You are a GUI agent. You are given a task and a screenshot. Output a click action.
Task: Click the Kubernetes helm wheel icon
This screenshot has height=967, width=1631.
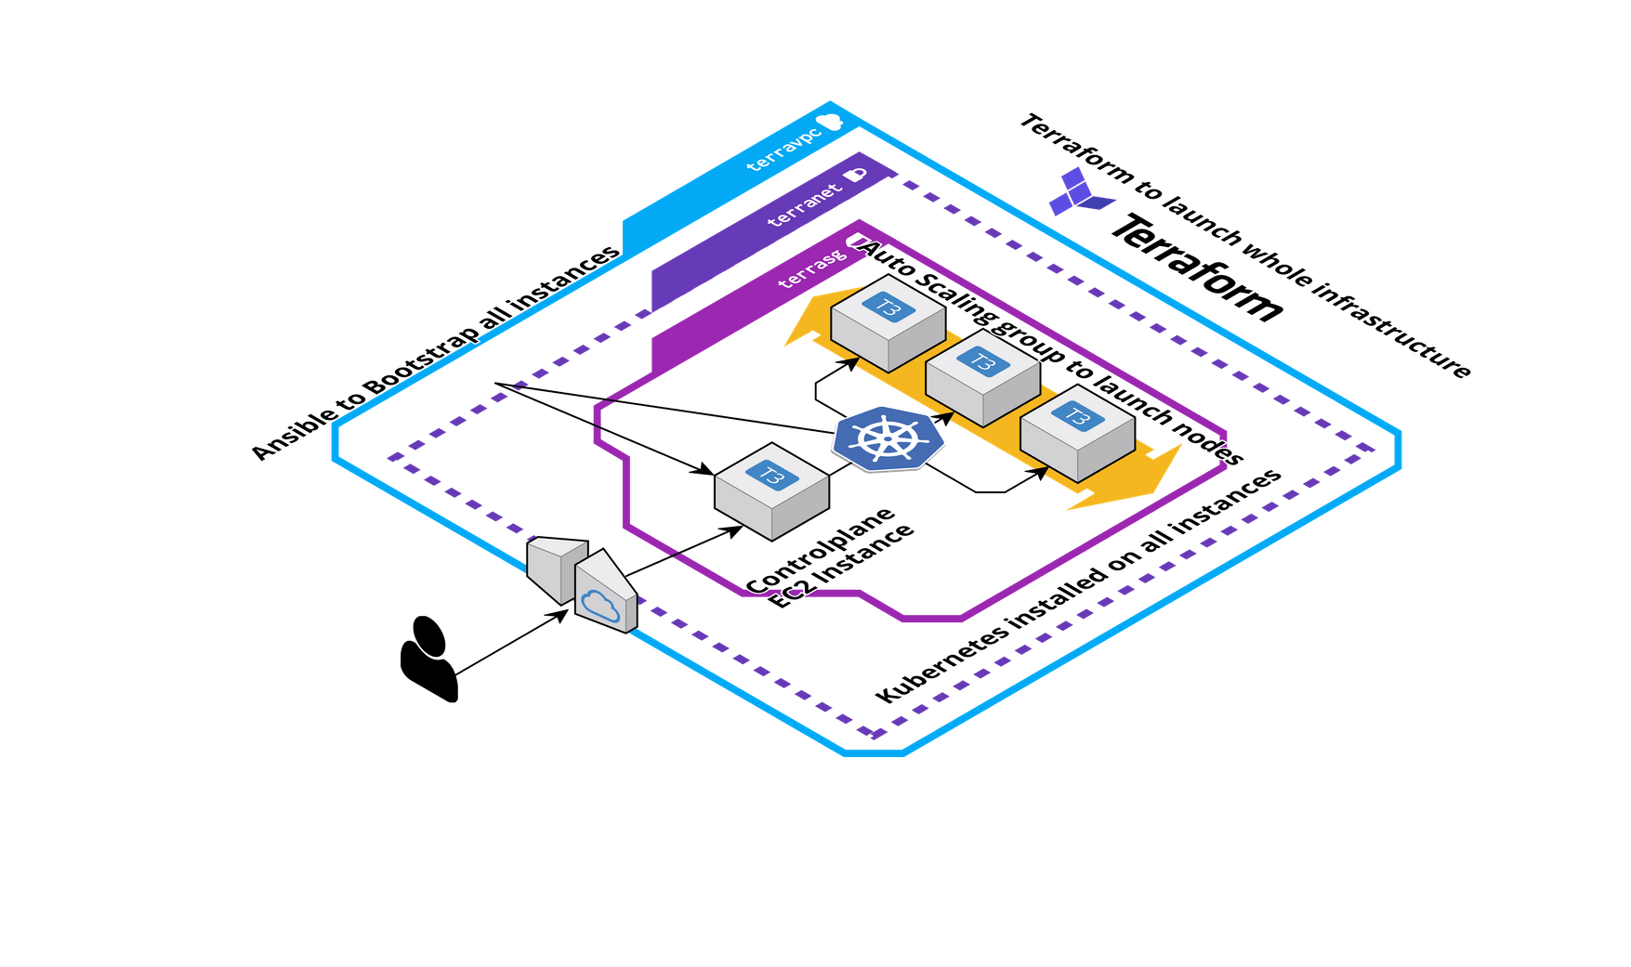click(888, 438)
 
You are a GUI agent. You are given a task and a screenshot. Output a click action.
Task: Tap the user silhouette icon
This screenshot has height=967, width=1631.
click(428, 659)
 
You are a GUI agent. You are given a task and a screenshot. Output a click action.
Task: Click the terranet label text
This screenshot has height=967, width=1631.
click(805, 205)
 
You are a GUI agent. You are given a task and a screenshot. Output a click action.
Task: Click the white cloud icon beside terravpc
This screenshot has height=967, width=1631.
click(829, 121)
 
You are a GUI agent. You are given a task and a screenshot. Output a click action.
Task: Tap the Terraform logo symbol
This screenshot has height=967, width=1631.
click(1080, 192)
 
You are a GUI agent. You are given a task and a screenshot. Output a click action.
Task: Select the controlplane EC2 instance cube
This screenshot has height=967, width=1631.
click(771, 491)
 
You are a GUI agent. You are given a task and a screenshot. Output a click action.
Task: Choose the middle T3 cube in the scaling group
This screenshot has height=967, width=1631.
click(982, 376)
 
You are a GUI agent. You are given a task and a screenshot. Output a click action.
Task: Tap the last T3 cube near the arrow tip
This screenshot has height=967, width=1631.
click(1076, 432)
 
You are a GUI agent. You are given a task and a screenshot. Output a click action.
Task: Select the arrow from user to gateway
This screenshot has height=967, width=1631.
click(511, 641)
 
